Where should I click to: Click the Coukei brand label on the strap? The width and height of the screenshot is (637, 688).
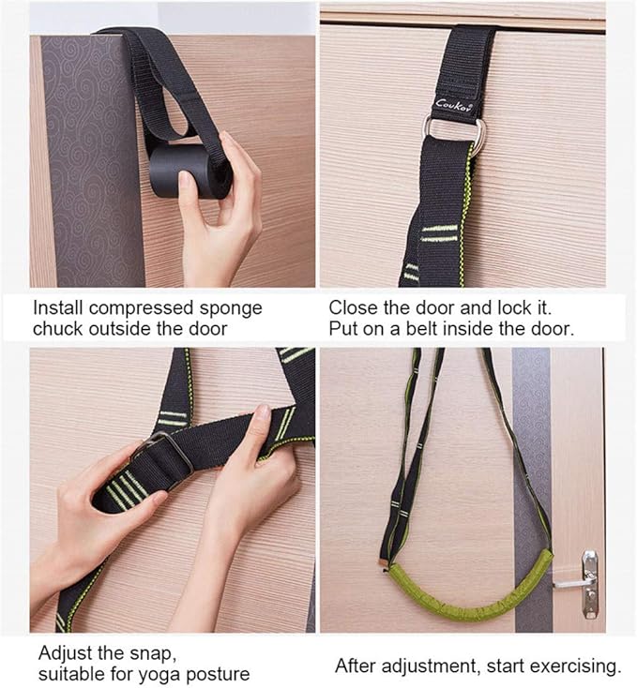456,104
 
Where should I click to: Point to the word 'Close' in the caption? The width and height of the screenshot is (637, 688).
351,308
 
